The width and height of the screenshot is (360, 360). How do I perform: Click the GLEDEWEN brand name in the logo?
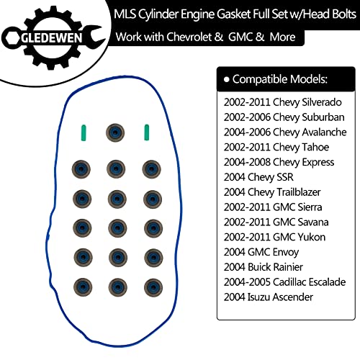[52, 38]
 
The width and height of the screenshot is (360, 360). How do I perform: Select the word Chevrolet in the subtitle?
[189, 37]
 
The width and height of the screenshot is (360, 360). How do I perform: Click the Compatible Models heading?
[279, 79]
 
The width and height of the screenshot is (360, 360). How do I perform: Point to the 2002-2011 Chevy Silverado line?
[282, 102]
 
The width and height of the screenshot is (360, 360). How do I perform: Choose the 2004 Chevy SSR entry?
[258, 177]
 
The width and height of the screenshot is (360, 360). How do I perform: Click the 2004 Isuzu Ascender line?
[269, 297]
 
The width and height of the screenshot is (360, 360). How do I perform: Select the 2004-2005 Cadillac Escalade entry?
[284, 282]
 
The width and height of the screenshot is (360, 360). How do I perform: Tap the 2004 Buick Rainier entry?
[264, 267]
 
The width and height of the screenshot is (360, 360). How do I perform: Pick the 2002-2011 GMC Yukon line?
[274, 237]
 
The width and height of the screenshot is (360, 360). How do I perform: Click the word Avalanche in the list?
[324, 132]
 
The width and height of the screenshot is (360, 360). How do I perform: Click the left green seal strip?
[84, 132]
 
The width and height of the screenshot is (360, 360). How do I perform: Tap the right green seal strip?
[146, 132]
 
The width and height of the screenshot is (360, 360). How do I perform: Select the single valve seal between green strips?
[115, 132]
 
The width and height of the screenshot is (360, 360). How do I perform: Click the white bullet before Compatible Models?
[226, 79]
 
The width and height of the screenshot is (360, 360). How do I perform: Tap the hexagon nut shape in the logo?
[11, 38]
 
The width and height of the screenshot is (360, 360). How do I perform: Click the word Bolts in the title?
[343, 14]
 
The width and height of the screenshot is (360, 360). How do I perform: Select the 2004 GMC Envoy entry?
[261, 252]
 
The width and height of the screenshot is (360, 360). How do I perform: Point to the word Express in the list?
[318, 163]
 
